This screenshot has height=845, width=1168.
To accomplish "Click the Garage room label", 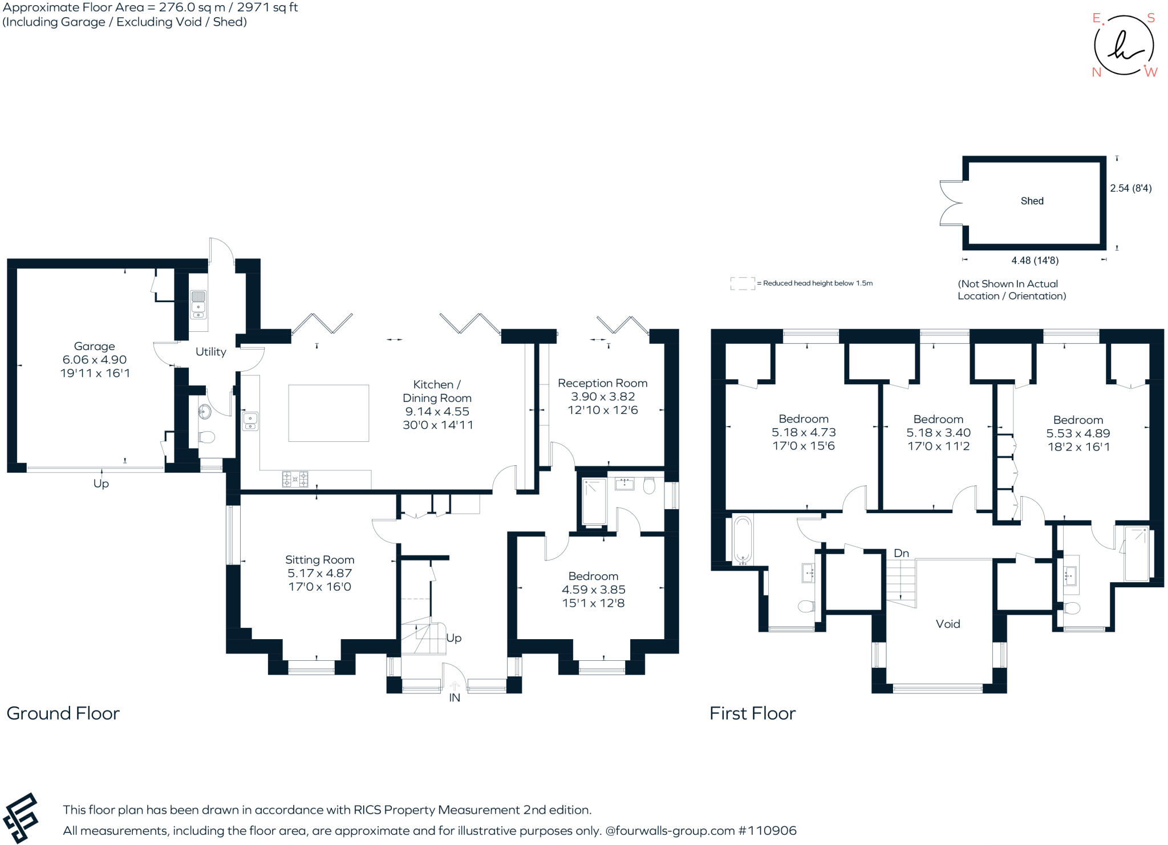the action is [x=95, y=346].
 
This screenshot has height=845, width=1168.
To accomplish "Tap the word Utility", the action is [x=211, y=352].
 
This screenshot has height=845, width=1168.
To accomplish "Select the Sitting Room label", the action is [x=320, y=560].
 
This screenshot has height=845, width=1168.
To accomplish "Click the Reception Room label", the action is [x=603, y=383].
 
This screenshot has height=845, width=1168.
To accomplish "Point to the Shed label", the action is [x=1032, y=201].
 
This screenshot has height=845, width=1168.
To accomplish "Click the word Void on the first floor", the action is [x=948, y=624].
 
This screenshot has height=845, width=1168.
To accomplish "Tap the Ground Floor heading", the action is [x=63, y=713].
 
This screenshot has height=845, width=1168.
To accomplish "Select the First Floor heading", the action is [x=753, y=713].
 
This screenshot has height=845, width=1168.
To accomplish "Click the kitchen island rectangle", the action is [x=328, y=413].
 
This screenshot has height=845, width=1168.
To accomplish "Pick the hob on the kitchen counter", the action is [x=295, y=479].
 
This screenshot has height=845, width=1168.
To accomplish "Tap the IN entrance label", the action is [x=455, y=698].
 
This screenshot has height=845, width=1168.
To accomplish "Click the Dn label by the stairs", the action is [x=902, y=553].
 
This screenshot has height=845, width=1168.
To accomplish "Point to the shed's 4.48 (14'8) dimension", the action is [x=1035, y=261].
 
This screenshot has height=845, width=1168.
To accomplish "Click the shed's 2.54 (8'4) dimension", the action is [x=1131, y=188].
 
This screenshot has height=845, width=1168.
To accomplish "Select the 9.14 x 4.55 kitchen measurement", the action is [x=437, y=412].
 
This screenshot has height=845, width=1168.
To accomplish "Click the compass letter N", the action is [x=1097, y=72].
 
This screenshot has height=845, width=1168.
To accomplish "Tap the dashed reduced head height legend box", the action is [x=743, y=283].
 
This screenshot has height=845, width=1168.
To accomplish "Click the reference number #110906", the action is [x=768, y=831].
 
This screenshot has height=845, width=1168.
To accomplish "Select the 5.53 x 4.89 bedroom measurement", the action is [x=1078, y=433].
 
